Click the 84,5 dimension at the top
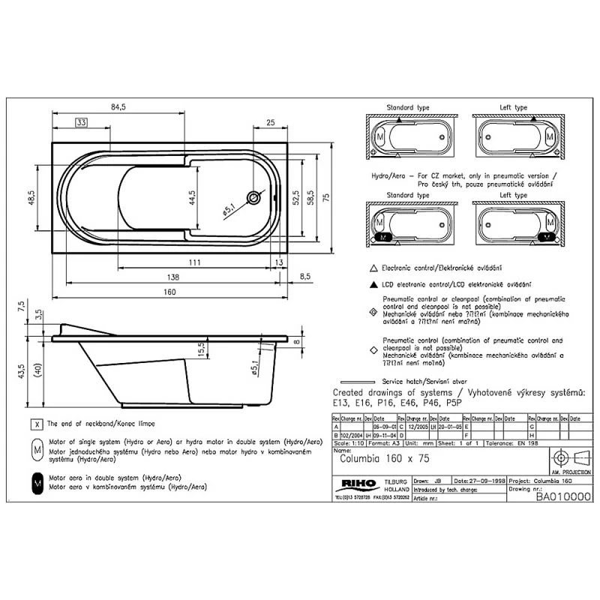118,108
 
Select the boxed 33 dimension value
82,122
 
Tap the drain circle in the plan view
255,198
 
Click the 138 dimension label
173,277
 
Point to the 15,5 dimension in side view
201,349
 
